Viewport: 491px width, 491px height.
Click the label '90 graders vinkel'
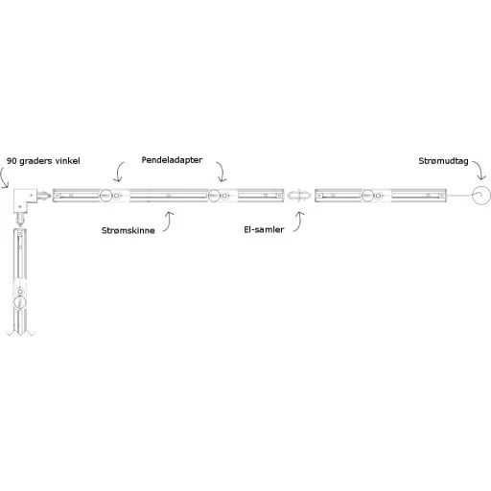click(43, 161)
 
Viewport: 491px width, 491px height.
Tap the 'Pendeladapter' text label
click(172, 160)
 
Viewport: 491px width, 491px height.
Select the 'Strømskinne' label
click(128, 230)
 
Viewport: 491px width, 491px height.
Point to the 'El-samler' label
click(264, 229)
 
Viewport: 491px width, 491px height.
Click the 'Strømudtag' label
click(443, 161)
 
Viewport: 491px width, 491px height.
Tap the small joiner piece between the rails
click(299, 196)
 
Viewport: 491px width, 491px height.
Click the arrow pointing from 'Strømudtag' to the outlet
click(480, 169)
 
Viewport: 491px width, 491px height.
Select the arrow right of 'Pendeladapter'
click(222, 171)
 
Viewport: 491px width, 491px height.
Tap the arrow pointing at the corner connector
click(2, 177)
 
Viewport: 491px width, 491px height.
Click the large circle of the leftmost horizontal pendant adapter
click(105, 196)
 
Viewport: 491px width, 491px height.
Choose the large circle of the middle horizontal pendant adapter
click(214, 196)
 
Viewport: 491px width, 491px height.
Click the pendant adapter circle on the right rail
click(367, 196)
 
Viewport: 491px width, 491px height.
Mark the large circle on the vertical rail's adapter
click(20, 302)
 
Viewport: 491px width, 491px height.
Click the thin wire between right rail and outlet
click(459, 196)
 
